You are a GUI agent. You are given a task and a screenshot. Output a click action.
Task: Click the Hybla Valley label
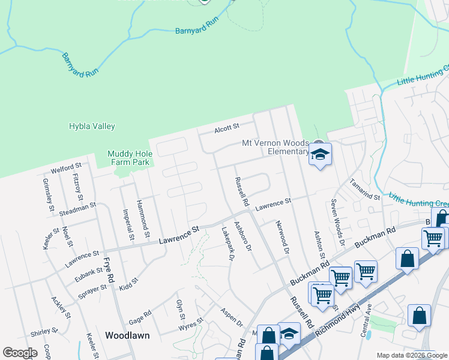click(92, 127)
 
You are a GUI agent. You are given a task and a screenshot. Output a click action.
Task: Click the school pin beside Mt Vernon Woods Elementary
click(320, 154)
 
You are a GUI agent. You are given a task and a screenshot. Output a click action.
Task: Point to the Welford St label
click(66, 166)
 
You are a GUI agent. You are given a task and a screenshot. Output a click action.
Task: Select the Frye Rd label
click(109, 270)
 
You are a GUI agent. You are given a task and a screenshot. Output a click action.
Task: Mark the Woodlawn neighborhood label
click(127, 335)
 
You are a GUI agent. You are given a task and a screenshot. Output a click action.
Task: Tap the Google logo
click(20, 352)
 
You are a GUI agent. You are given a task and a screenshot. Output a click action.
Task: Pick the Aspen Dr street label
click(231, 319)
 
